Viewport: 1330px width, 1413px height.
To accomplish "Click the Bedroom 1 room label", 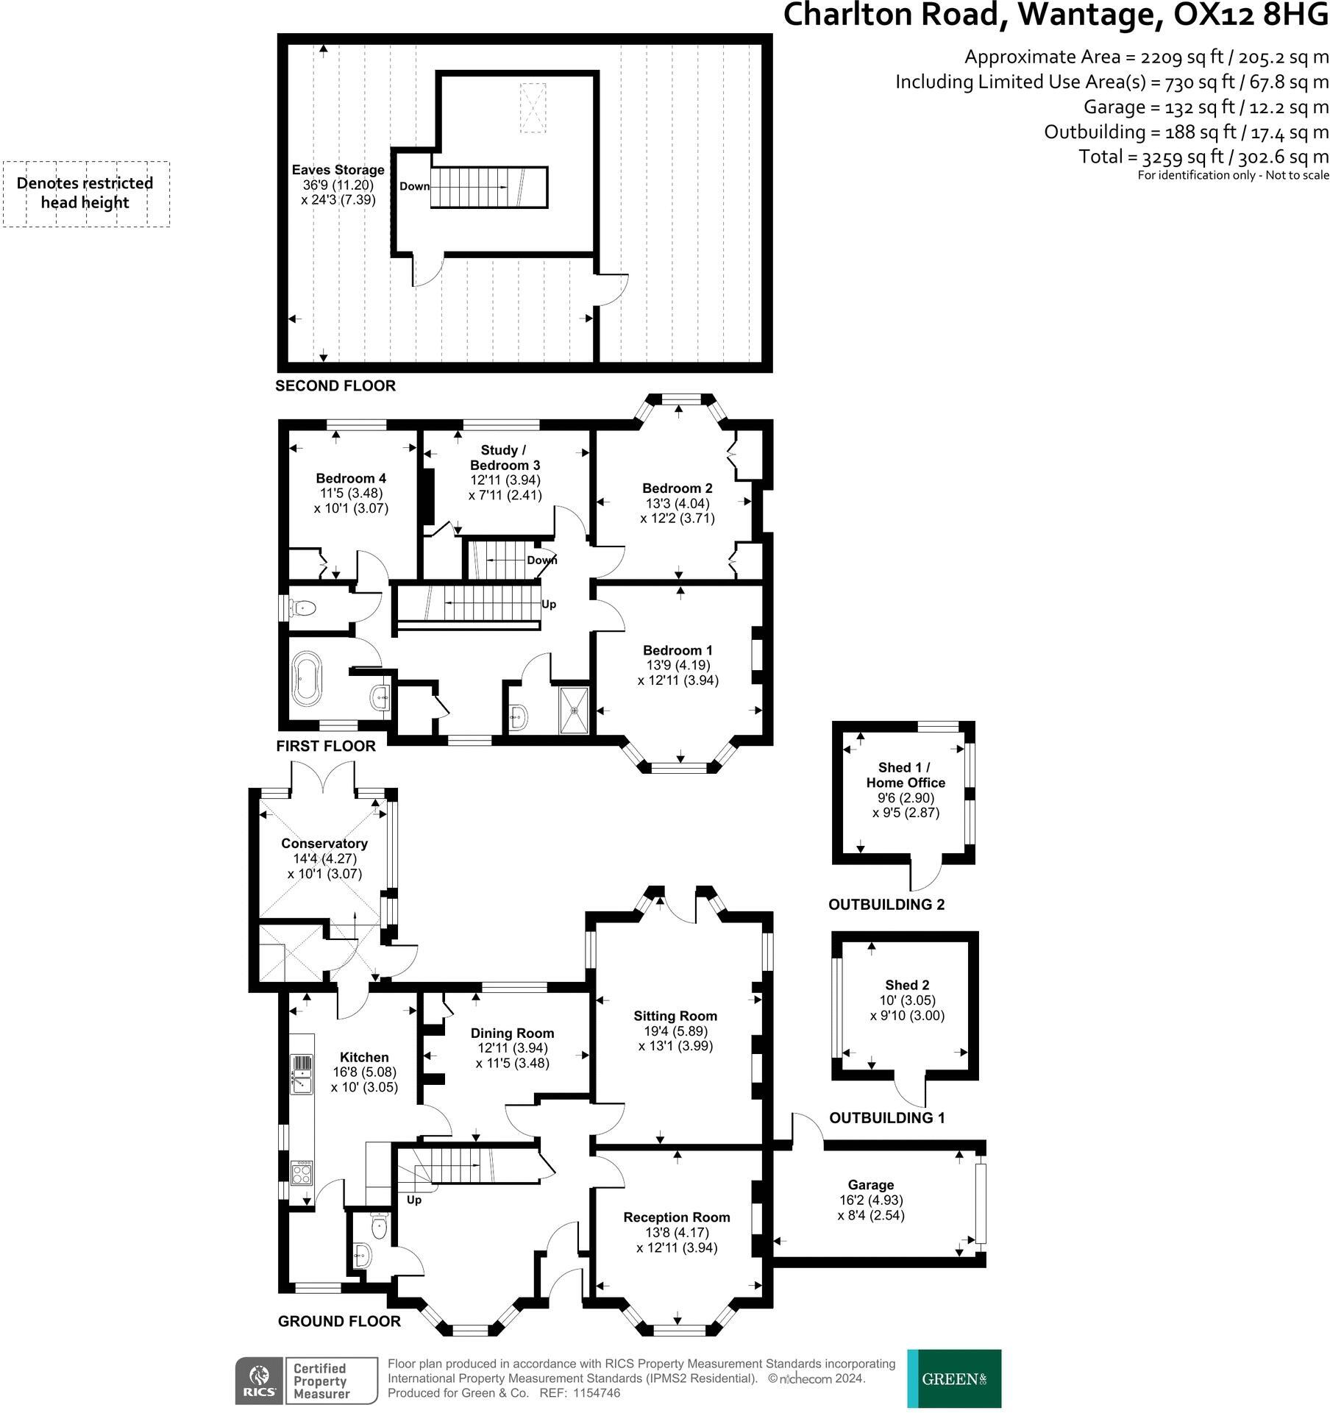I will tap(678, 650).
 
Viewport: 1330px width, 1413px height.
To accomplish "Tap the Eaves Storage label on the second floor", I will tap(338, 170).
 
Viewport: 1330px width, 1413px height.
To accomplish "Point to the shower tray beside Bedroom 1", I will tap(574, 711).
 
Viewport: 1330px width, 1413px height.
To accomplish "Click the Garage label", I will tap(871, 1185).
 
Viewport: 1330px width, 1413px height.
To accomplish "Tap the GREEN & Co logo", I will tap(954, 1378).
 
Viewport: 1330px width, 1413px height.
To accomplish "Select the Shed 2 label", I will tap(907, 985).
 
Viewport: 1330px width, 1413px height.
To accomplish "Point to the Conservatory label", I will tap(324, 843).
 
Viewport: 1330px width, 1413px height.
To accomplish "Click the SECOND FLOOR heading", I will tap(335, 385).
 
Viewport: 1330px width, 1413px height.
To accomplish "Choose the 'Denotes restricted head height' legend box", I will tap(85, 193).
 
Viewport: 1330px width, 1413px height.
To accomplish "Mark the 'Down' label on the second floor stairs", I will tap(414, 186).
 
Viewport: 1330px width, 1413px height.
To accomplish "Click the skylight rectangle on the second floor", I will tap(533, 108).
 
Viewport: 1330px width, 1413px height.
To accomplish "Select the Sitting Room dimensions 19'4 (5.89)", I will tap(675, 1031).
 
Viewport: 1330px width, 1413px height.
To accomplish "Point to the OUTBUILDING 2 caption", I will tap(886, 905).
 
